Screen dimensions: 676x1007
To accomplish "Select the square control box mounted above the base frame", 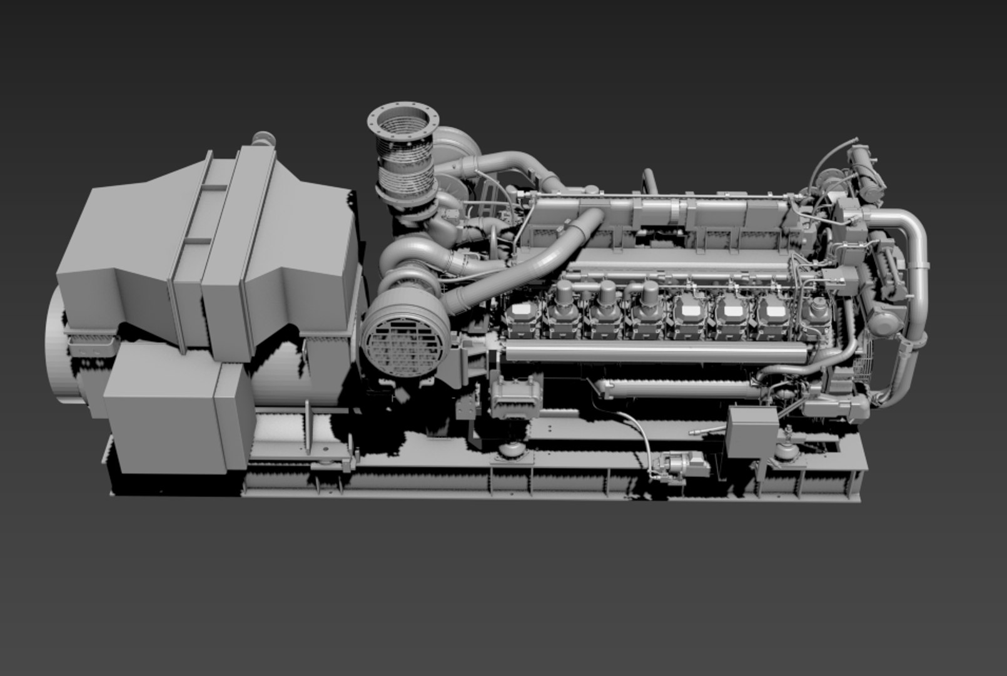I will point(753,433).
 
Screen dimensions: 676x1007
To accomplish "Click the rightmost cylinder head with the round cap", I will point(816,310).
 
